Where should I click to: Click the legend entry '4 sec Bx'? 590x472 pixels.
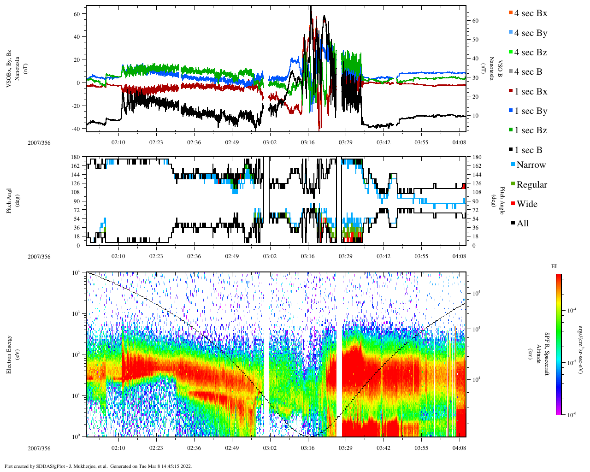click(x=531, y=13)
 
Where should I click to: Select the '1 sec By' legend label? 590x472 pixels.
click(x=531, y=111)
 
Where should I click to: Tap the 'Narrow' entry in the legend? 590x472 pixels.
click(x=531, y=165)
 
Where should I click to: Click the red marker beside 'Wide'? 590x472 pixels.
click(x=513, y=204)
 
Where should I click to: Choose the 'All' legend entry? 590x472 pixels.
click(x=523, y=224)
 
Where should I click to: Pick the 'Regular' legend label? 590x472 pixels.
click(x=531, y=185)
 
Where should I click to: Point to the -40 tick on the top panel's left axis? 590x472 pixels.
click(x=76, y=129)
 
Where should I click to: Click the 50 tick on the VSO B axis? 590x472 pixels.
click(x=475, y=40)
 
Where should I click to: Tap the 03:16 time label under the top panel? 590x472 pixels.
click(x=307, y=142)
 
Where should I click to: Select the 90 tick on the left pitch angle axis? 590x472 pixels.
click(x=77, y=201)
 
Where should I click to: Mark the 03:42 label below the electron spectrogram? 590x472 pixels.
click(x=383, y=448)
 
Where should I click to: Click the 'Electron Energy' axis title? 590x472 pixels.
click(x=9, y=354)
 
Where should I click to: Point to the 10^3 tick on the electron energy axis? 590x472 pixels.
click(x=76, y=313)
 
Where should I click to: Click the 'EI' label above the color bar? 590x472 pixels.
click(x=554, y=266)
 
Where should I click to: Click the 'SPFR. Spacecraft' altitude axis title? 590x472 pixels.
click(x=547, y=354)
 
